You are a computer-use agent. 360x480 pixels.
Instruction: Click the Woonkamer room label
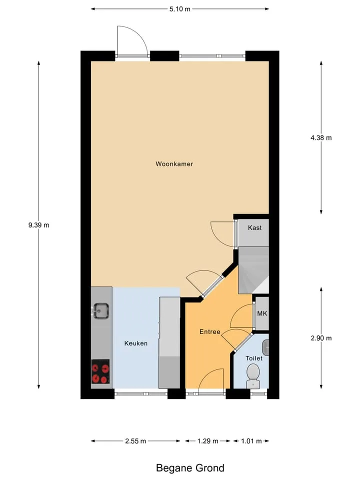[x=174, y=164]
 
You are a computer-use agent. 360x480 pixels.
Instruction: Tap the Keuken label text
[x=136, y=343]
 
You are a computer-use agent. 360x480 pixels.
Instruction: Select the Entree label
[x=209, y=331]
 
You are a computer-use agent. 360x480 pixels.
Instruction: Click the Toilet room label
[x=254, y=358]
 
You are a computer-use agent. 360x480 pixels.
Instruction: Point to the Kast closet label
[x=254, y=228]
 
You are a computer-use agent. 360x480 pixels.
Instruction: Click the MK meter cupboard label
[x=262, y=313]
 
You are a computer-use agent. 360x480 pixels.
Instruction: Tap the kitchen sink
[x=100, y=310]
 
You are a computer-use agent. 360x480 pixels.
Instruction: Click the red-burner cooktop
[x=100, y=371]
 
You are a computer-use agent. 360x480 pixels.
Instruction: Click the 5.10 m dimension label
[x=180, y=9]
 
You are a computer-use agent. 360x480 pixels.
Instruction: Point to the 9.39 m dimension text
[x=38, y=225]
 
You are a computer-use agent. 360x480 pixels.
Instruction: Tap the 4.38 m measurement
[x=321, y=138]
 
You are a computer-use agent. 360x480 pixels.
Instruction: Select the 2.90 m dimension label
[x=321, y=338]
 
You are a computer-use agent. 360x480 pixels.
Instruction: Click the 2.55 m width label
[x=135, y=441]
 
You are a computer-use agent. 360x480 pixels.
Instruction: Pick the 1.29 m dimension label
[x=208, y=441]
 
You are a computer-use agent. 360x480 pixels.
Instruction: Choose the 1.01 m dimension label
[x=251, y=441]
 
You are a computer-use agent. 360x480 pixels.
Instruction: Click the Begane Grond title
[x=190, y=468]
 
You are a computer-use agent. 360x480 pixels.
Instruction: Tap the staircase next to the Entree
[x=253, y=270]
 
